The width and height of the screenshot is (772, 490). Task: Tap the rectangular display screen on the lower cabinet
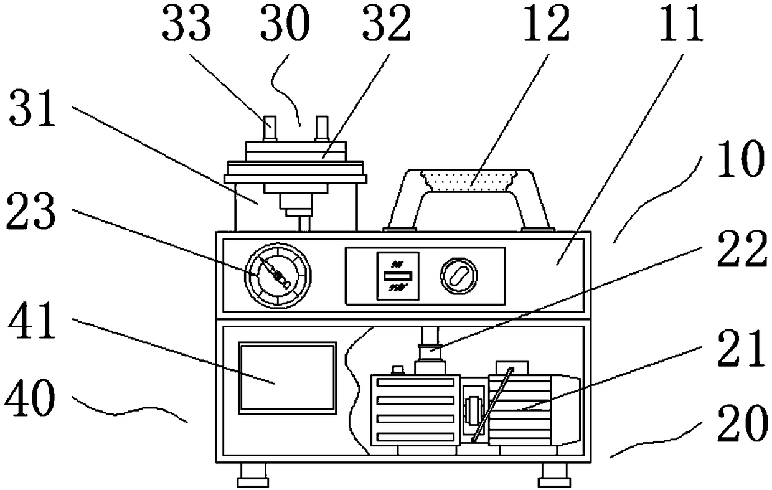tap(288, 376)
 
